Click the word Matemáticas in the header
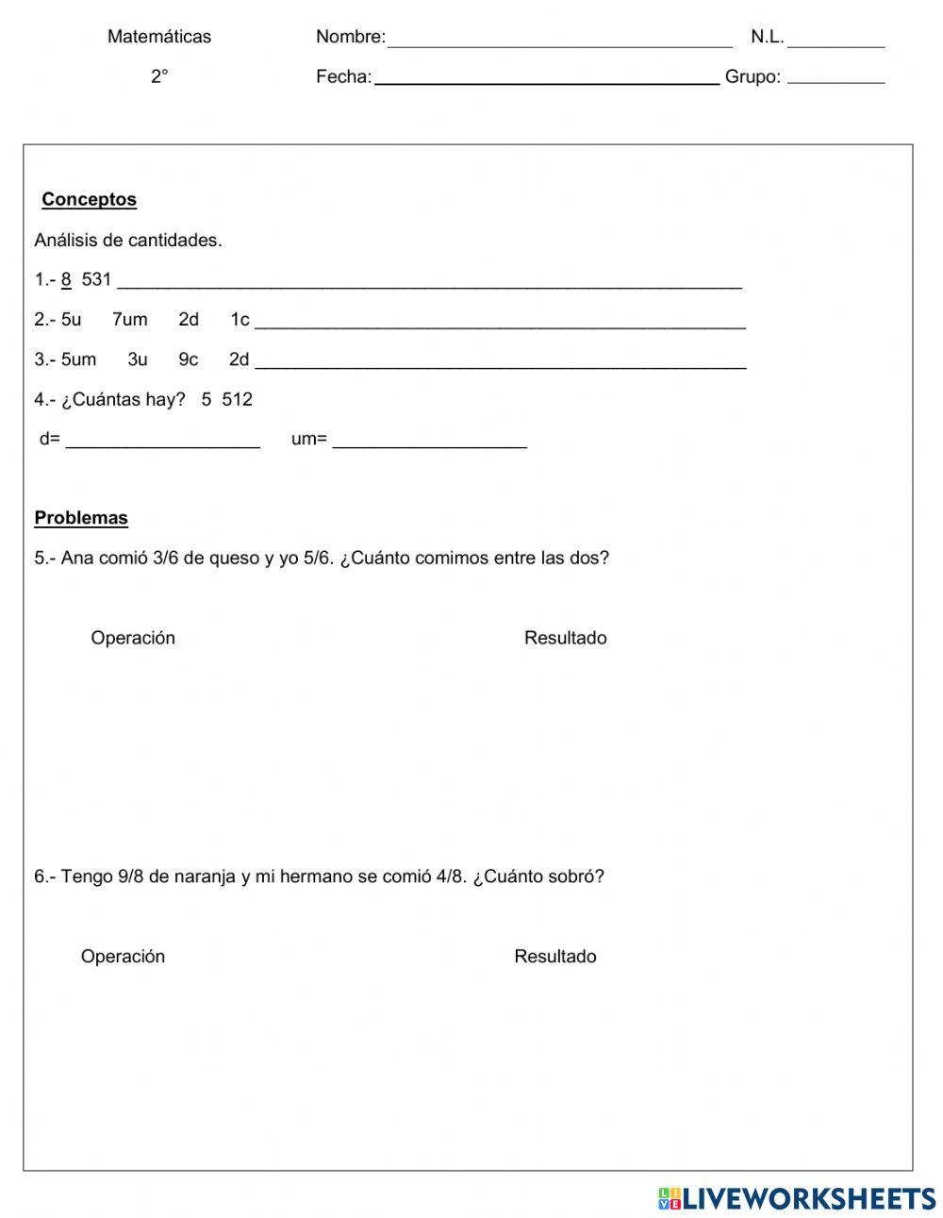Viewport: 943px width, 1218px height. tap(159, 37)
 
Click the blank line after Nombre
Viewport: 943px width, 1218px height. tap(559, 43)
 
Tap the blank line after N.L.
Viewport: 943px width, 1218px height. tap(835, 43)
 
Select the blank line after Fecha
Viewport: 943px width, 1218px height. tap(547, 82)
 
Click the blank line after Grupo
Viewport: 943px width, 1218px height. tap(835, 82)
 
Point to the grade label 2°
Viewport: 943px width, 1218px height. tap(159, 77)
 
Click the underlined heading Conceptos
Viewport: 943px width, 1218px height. tap(90, 200)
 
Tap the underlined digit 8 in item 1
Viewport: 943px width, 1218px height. tap(66, 280)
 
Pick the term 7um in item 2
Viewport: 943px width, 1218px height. tap(130, 320)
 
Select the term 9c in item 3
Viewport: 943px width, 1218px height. tap(189, 359)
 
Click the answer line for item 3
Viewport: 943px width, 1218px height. tap(500, 365)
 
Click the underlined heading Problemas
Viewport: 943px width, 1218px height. tap(81, 518)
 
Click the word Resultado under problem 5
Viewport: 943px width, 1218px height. tap(565, 638)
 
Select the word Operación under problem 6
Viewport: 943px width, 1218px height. tap(123, 957)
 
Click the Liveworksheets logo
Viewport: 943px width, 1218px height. tap(797, 1198)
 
